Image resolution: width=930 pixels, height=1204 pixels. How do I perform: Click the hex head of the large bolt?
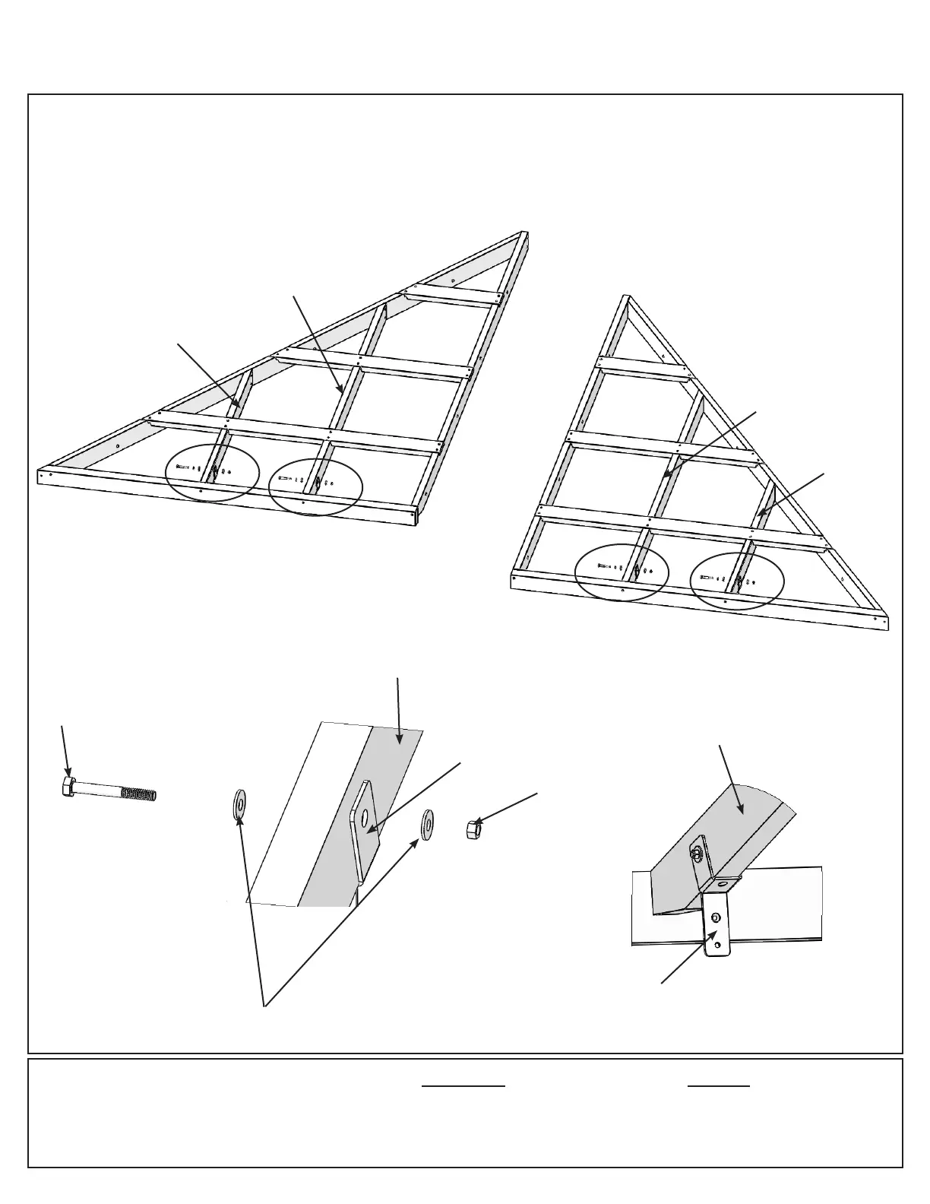pyautogui.click(x=67, y=787)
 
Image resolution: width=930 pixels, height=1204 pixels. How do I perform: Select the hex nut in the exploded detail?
pyautogui.click(x=473, y=829)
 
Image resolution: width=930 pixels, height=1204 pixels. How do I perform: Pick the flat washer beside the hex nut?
pyautogui.click(x=428, y=823)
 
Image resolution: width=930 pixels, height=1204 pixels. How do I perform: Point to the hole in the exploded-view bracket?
pyautogui.click(x=366, y=817)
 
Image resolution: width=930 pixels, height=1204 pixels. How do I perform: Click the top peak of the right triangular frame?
pyautogui.click(x=627, y=298)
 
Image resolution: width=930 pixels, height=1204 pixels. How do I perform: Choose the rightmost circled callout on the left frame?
pyautogui.click(x=316, y=487)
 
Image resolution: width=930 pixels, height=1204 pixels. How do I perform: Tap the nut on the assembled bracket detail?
pyautogui.click(x=694, y=853)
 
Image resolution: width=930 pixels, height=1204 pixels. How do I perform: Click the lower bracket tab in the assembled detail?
pyautogui.click(x=716, y=924)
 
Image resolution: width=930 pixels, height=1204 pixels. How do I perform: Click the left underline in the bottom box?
pyautogui.click(x=463, y=1086)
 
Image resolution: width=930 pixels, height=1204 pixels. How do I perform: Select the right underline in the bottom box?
pyautogui.click(x=719, y=1086)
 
